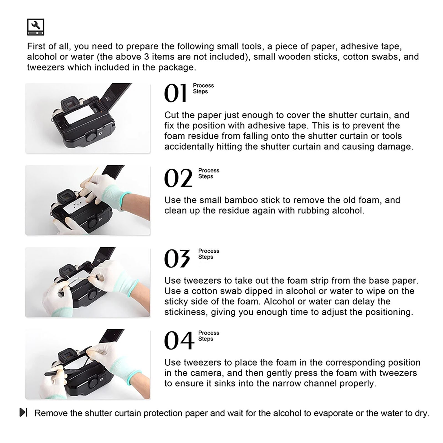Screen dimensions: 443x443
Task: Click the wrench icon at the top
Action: click(35, 27)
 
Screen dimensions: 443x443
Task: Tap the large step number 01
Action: click(176, 93)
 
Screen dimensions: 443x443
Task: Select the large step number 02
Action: click(178, 178)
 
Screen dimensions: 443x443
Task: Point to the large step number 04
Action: click(179, 341)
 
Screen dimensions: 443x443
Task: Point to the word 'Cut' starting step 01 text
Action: click(171, 115)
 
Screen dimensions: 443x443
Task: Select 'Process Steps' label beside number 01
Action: click(204, 88)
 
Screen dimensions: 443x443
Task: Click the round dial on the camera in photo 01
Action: click(91, 137)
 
